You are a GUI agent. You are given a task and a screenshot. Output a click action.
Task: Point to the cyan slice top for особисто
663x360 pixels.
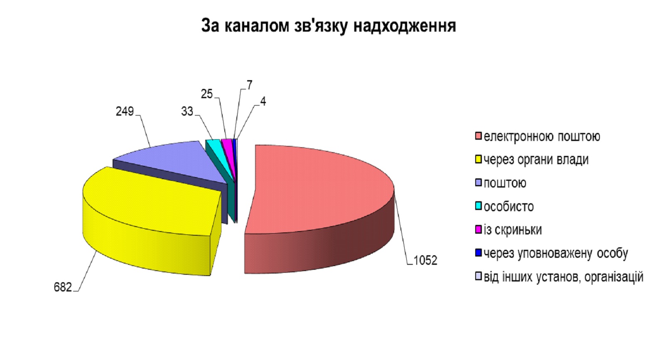218,148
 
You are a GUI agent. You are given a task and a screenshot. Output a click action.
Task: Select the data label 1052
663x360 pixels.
425,261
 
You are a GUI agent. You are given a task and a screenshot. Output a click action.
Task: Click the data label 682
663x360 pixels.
63,287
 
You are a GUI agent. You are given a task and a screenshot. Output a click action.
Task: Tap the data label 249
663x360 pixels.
125,111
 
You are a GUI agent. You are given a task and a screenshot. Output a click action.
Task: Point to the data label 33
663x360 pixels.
187,111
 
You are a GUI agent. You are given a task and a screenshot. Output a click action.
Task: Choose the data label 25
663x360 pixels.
207,94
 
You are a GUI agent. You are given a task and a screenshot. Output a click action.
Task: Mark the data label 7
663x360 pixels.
250,85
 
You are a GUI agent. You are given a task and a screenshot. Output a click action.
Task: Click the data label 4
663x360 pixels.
263,101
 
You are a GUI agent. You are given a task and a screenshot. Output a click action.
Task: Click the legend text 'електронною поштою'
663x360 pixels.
542,137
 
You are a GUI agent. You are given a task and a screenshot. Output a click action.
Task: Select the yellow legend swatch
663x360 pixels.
478,159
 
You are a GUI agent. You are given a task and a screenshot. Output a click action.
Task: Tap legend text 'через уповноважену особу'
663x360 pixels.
556,254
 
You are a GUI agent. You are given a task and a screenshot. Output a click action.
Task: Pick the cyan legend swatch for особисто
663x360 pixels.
478,206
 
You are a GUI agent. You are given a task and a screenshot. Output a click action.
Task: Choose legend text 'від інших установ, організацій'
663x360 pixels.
564,277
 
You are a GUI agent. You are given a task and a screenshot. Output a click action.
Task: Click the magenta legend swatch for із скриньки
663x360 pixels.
478,229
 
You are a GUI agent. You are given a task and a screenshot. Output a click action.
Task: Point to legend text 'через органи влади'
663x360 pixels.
536,160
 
